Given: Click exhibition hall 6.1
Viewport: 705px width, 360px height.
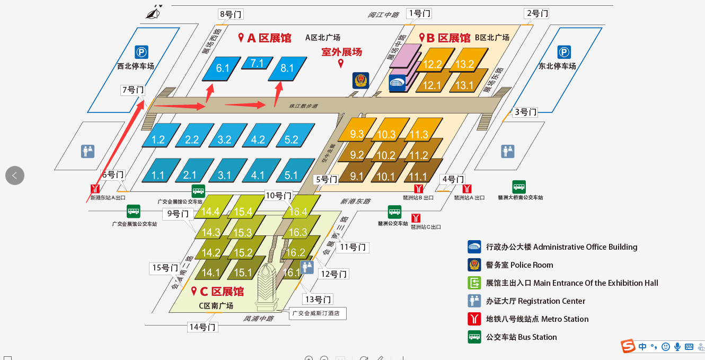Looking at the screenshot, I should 223,68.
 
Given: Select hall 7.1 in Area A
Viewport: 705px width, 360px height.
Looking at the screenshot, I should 257,64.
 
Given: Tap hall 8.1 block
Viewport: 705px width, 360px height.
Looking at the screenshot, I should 287,68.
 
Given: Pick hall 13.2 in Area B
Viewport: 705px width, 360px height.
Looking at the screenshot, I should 465,64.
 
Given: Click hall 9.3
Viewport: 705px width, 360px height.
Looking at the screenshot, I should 357,134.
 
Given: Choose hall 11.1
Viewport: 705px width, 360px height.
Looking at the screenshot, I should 418,177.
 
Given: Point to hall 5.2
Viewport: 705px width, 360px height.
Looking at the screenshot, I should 291,140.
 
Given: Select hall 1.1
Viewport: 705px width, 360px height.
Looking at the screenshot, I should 157,175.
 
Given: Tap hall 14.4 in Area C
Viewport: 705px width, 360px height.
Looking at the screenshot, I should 210,212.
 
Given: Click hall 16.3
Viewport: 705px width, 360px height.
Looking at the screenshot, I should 297,232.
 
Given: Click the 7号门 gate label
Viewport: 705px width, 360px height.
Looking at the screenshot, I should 133,90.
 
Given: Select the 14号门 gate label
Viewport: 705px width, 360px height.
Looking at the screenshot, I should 202,327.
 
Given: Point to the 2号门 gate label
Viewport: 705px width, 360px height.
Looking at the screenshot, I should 536,13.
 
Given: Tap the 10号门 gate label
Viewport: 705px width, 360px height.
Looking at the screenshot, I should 279,195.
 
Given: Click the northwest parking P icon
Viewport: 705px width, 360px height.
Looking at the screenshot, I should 141,52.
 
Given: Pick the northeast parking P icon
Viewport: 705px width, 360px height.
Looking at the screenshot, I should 564,52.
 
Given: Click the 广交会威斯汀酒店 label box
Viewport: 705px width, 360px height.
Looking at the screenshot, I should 318,313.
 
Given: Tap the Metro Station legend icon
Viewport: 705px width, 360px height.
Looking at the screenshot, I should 474,319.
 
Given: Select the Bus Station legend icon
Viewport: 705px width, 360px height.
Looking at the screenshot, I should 474,337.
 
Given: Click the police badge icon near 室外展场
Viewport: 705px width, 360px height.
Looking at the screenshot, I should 360,81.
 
